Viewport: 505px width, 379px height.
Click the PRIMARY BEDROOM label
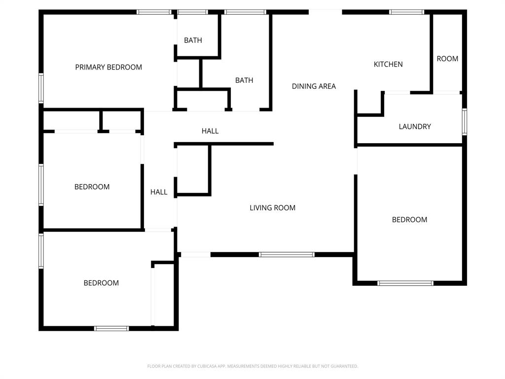click(x=108, y=67)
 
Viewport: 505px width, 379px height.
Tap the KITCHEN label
click(x=388, y=64)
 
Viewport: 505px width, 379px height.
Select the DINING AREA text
click(x=314, y=86)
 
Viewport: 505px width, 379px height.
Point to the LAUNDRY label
click(x=415, y=126)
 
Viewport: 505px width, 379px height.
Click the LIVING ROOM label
click(x=272, y=208)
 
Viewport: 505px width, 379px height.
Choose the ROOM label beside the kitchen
click(x=447, y=59)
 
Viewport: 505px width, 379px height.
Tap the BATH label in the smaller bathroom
click(x=193, y=40)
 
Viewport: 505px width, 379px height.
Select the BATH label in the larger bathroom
click(x=244, y=80)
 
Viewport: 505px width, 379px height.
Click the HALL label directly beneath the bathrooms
click(x=210, y=131)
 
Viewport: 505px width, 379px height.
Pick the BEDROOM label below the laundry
click(x=409, y=220)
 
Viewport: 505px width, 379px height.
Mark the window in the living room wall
click(x=287, y=255)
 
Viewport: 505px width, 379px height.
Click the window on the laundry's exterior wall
click(x=464, y=121)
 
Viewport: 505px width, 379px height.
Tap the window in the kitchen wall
click(x=406, y=12)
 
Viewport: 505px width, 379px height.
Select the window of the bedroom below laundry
click(x=405, y=283)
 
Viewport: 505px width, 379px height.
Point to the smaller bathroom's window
click(x=192, y=12)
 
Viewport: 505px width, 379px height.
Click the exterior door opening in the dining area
click(x=325, y=12)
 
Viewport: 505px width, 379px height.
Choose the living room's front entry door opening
click(x=195, y=255)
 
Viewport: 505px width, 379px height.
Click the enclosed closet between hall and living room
click(x=193, y=169)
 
